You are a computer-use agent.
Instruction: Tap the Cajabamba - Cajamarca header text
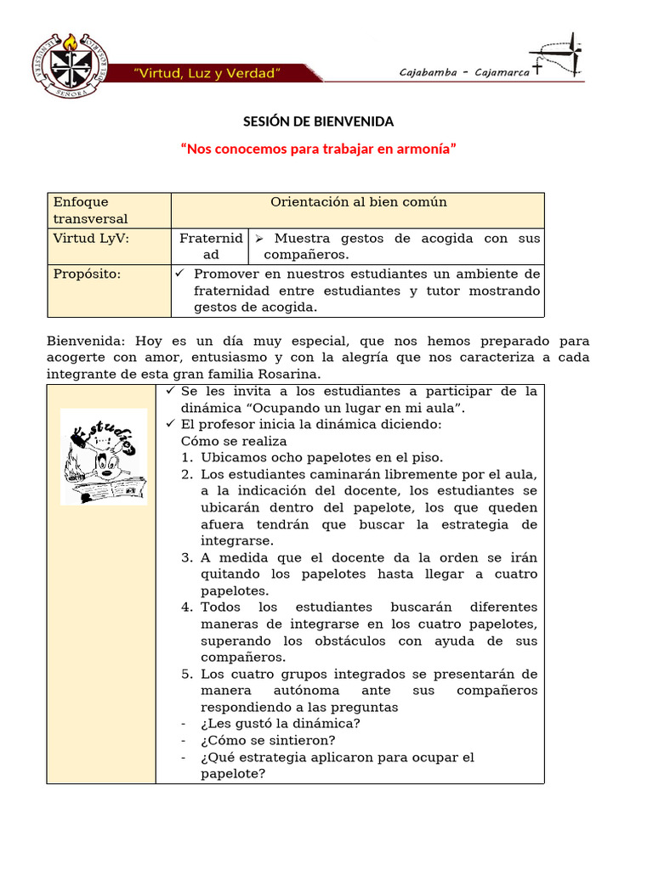(464, 72)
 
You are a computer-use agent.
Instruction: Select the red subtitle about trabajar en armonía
(319, 149)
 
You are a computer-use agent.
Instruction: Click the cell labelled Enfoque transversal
(91, 210)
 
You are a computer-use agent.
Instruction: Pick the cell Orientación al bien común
(358, 202)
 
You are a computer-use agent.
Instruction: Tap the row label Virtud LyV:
(91, 239)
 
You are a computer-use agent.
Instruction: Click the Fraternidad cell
(210, 246)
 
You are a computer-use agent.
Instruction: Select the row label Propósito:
(87, 274)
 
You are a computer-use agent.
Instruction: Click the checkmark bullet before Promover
(179, 274)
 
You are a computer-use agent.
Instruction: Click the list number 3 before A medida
(187, 557)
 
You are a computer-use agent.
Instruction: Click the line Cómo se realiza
(234, 441)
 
